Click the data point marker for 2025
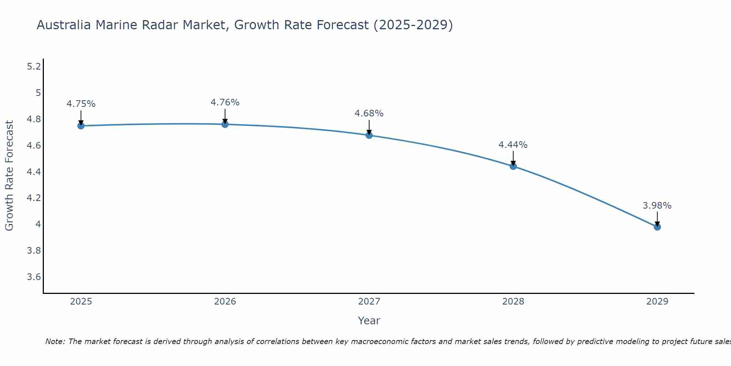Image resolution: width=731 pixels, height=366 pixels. coord(81,126)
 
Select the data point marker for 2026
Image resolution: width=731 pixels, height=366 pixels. coord(225,124)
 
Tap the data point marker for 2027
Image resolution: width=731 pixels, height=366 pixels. coord(369,135)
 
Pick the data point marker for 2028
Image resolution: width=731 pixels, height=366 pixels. coord(513,167)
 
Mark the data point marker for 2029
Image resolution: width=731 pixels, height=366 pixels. coord(657,227)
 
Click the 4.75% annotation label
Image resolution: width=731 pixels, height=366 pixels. coord(81,104)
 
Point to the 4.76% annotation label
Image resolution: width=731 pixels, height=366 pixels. coord(225,102)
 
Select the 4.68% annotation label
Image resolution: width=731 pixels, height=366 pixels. coord(369,113)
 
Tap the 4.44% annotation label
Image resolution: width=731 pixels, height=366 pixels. coord(513,145)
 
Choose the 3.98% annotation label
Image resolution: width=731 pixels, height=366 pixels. coord(657,206)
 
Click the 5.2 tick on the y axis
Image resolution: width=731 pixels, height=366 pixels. coord(34,67)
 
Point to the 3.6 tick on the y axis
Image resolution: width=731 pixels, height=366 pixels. coord(34,277)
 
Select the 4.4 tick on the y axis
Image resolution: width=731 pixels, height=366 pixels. coord(34,172)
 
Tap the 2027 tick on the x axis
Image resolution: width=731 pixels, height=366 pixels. coord(369,302)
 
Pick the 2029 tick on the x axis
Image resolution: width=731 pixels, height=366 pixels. coord(657,302)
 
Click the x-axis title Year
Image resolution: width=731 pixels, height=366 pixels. coord(369,321)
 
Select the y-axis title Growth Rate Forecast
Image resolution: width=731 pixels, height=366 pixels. coord(9,176)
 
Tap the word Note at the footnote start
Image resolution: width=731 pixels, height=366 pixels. coord(55,341)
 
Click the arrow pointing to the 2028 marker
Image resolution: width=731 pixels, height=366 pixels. coord(513,158)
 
